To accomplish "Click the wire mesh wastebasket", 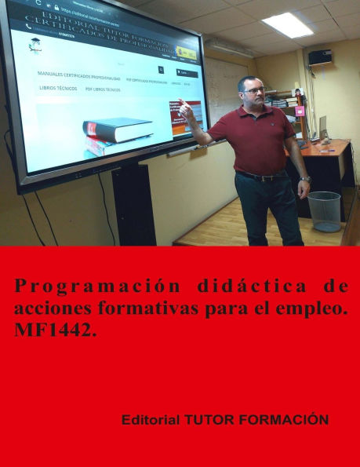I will [x=324, y=211].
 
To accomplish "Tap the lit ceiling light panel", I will [x=287, y=24].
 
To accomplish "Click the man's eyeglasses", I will [x=253, y=90].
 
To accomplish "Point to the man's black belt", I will [x=261, y=176].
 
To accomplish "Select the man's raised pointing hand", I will [x=186, y=111].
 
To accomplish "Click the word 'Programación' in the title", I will [x=64, y=286].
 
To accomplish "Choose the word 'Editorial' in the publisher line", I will [x=151, y=420].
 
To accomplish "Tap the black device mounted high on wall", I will [x=319, y=57].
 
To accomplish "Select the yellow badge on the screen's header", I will [x=186, y=53].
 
